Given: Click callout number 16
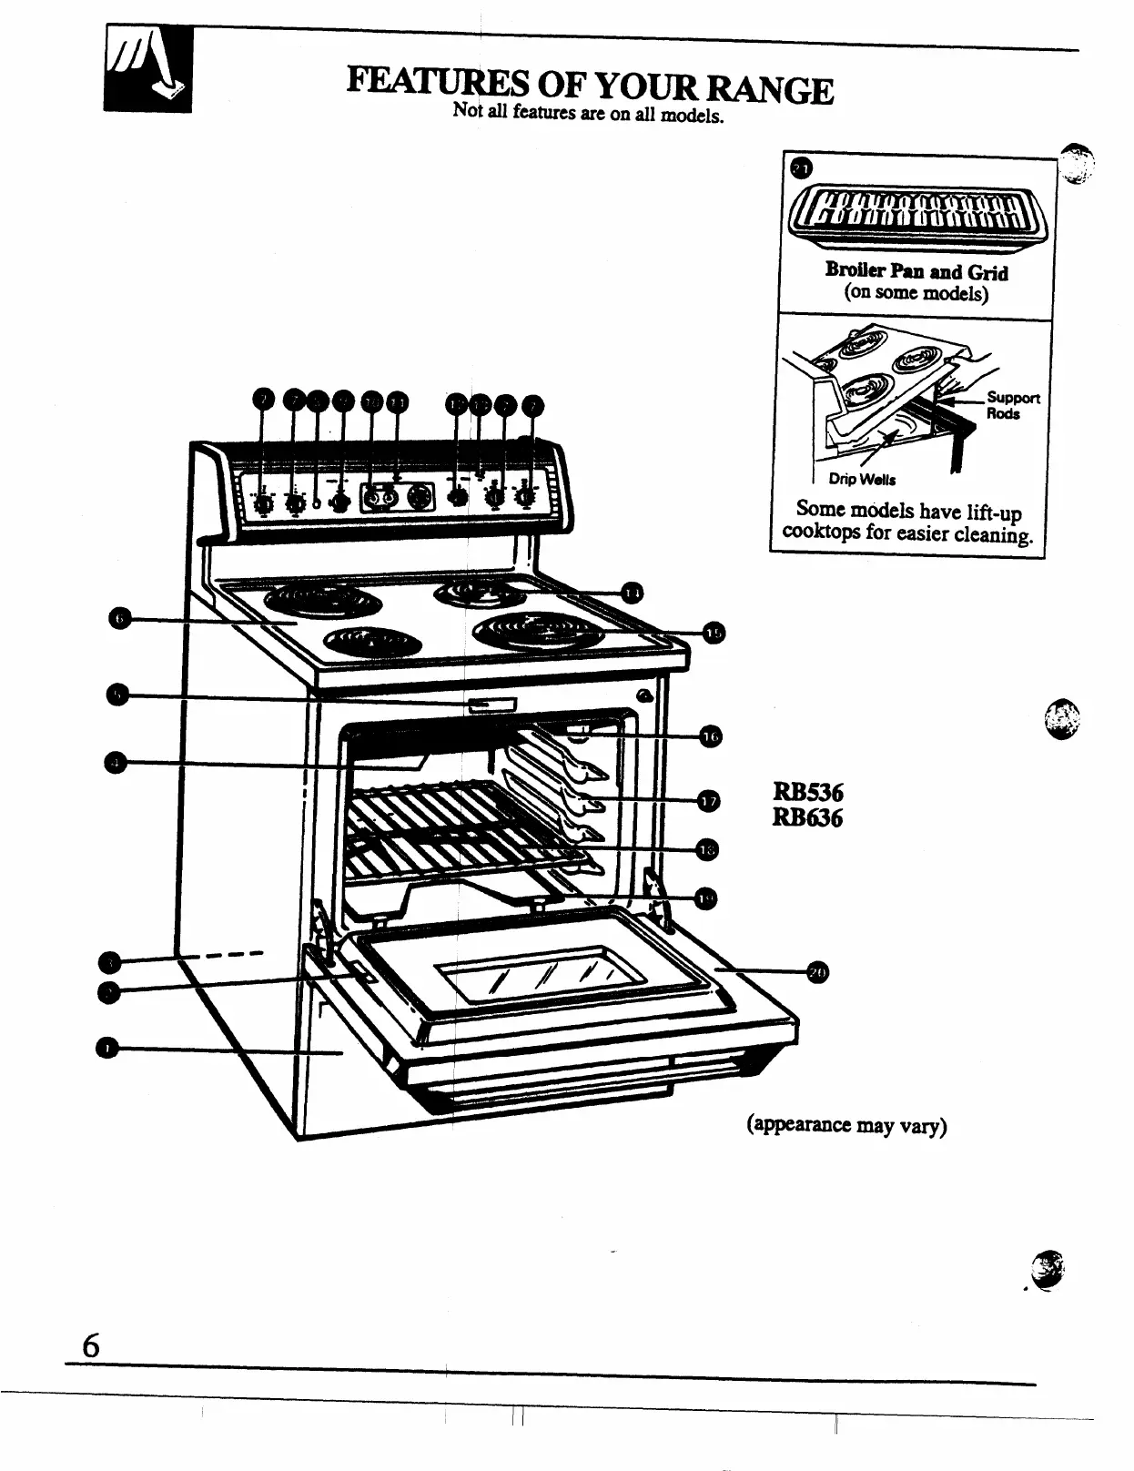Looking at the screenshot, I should [710, 736].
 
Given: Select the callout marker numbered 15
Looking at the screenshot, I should [715, 634].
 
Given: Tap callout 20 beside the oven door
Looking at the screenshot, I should [817, 972].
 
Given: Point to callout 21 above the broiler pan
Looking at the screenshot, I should [801, 169].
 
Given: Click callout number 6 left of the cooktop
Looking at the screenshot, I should [119, 620].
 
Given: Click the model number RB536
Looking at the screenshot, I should [807, 793].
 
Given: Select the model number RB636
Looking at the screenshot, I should [807, 818].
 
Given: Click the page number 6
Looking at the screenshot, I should [90, 1345].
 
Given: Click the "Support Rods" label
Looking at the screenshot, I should [1012, 405].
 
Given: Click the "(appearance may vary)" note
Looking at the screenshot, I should [846, 1125].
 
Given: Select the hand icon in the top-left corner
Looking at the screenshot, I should [147, 68].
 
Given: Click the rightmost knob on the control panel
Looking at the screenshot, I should [525, 496].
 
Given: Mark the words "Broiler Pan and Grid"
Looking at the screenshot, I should [916, 271].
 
